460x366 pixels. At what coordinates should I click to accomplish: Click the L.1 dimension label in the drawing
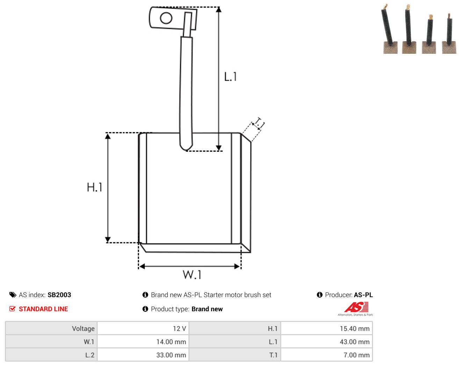(230, 76)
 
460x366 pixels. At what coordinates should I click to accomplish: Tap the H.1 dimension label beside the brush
(94, 187)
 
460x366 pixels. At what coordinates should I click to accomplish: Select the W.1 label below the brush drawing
(192, 274)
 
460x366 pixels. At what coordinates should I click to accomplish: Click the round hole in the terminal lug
(166, 18)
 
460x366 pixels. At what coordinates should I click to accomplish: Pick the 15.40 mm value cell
(326, 328)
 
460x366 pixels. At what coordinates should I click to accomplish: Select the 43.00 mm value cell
(326, 342)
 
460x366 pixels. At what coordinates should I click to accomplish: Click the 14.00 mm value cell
(143, 342)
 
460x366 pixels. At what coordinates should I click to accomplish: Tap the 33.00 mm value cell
(143, 355)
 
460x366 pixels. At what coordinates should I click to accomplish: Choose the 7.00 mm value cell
(326, 355)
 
